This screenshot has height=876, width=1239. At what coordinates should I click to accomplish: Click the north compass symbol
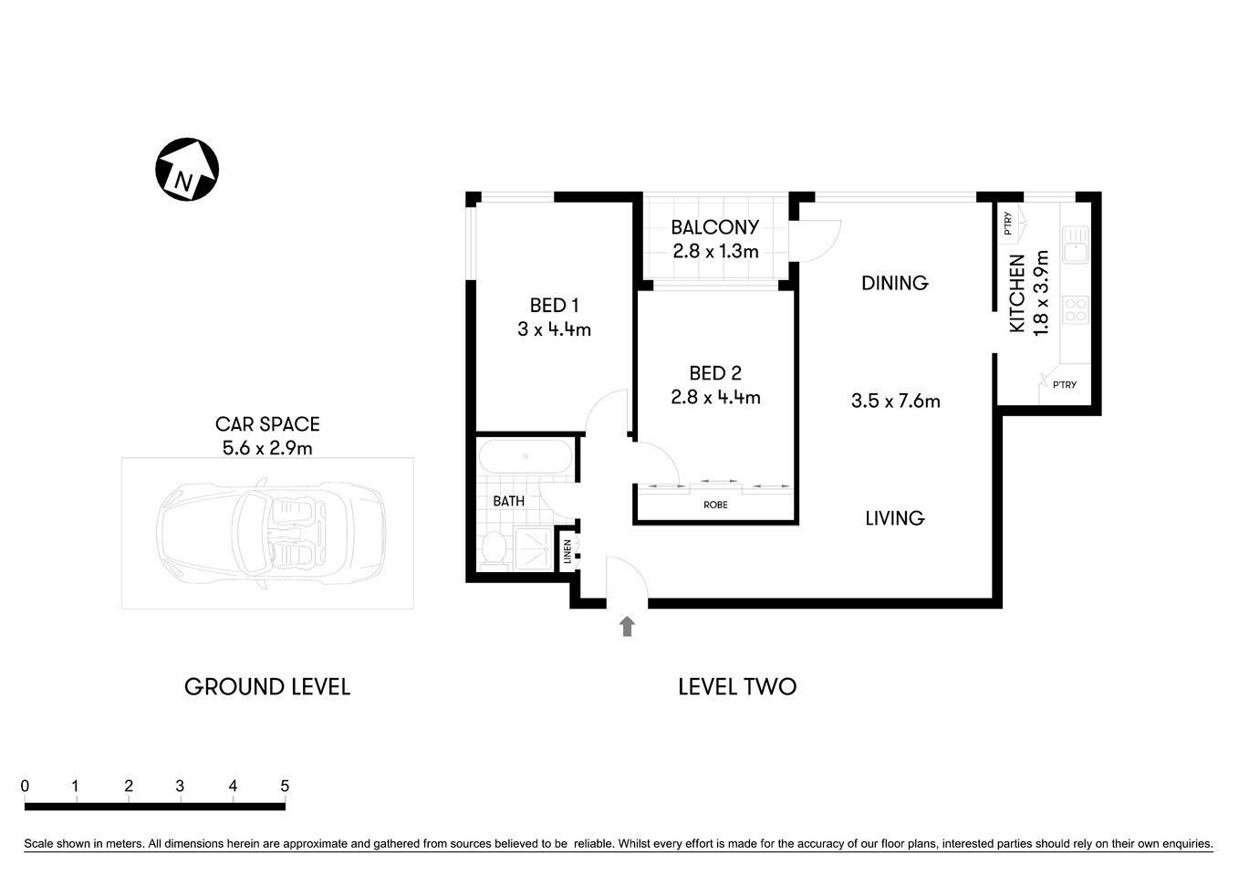(x=186, y=170)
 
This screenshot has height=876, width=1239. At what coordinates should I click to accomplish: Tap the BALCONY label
(x=714, y=227)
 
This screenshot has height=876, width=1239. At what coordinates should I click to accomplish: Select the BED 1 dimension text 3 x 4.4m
(x=554, y=329)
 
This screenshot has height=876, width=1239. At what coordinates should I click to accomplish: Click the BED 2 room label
(x=714, y=373)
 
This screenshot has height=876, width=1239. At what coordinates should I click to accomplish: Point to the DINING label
(x=894, y=283)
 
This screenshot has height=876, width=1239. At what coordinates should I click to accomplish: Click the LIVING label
(x=894, y=518)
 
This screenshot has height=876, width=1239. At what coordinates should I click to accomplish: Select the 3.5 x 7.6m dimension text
(x=895, y=401)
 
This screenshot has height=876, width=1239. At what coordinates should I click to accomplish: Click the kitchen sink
(x=1075, y=244)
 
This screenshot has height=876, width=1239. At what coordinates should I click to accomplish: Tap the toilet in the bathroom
(x=494, y=548)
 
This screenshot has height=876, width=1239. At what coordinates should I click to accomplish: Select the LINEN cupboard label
(x=567, y=550)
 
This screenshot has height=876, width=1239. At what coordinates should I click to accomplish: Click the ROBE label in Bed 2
(x=715, y=505)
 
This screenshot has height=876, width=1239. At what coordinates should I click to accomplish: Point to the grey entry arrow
(x=627, y=626)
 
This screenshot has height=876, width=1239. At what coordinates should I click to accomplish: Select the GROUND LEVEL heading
(x=267, y=687)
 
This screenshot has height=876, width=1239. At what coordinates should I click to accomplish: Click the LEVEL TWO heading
(x=737, y=687)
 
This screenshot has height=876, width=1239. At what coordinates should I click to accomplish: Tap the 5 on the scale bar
(x=285, y=786)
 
